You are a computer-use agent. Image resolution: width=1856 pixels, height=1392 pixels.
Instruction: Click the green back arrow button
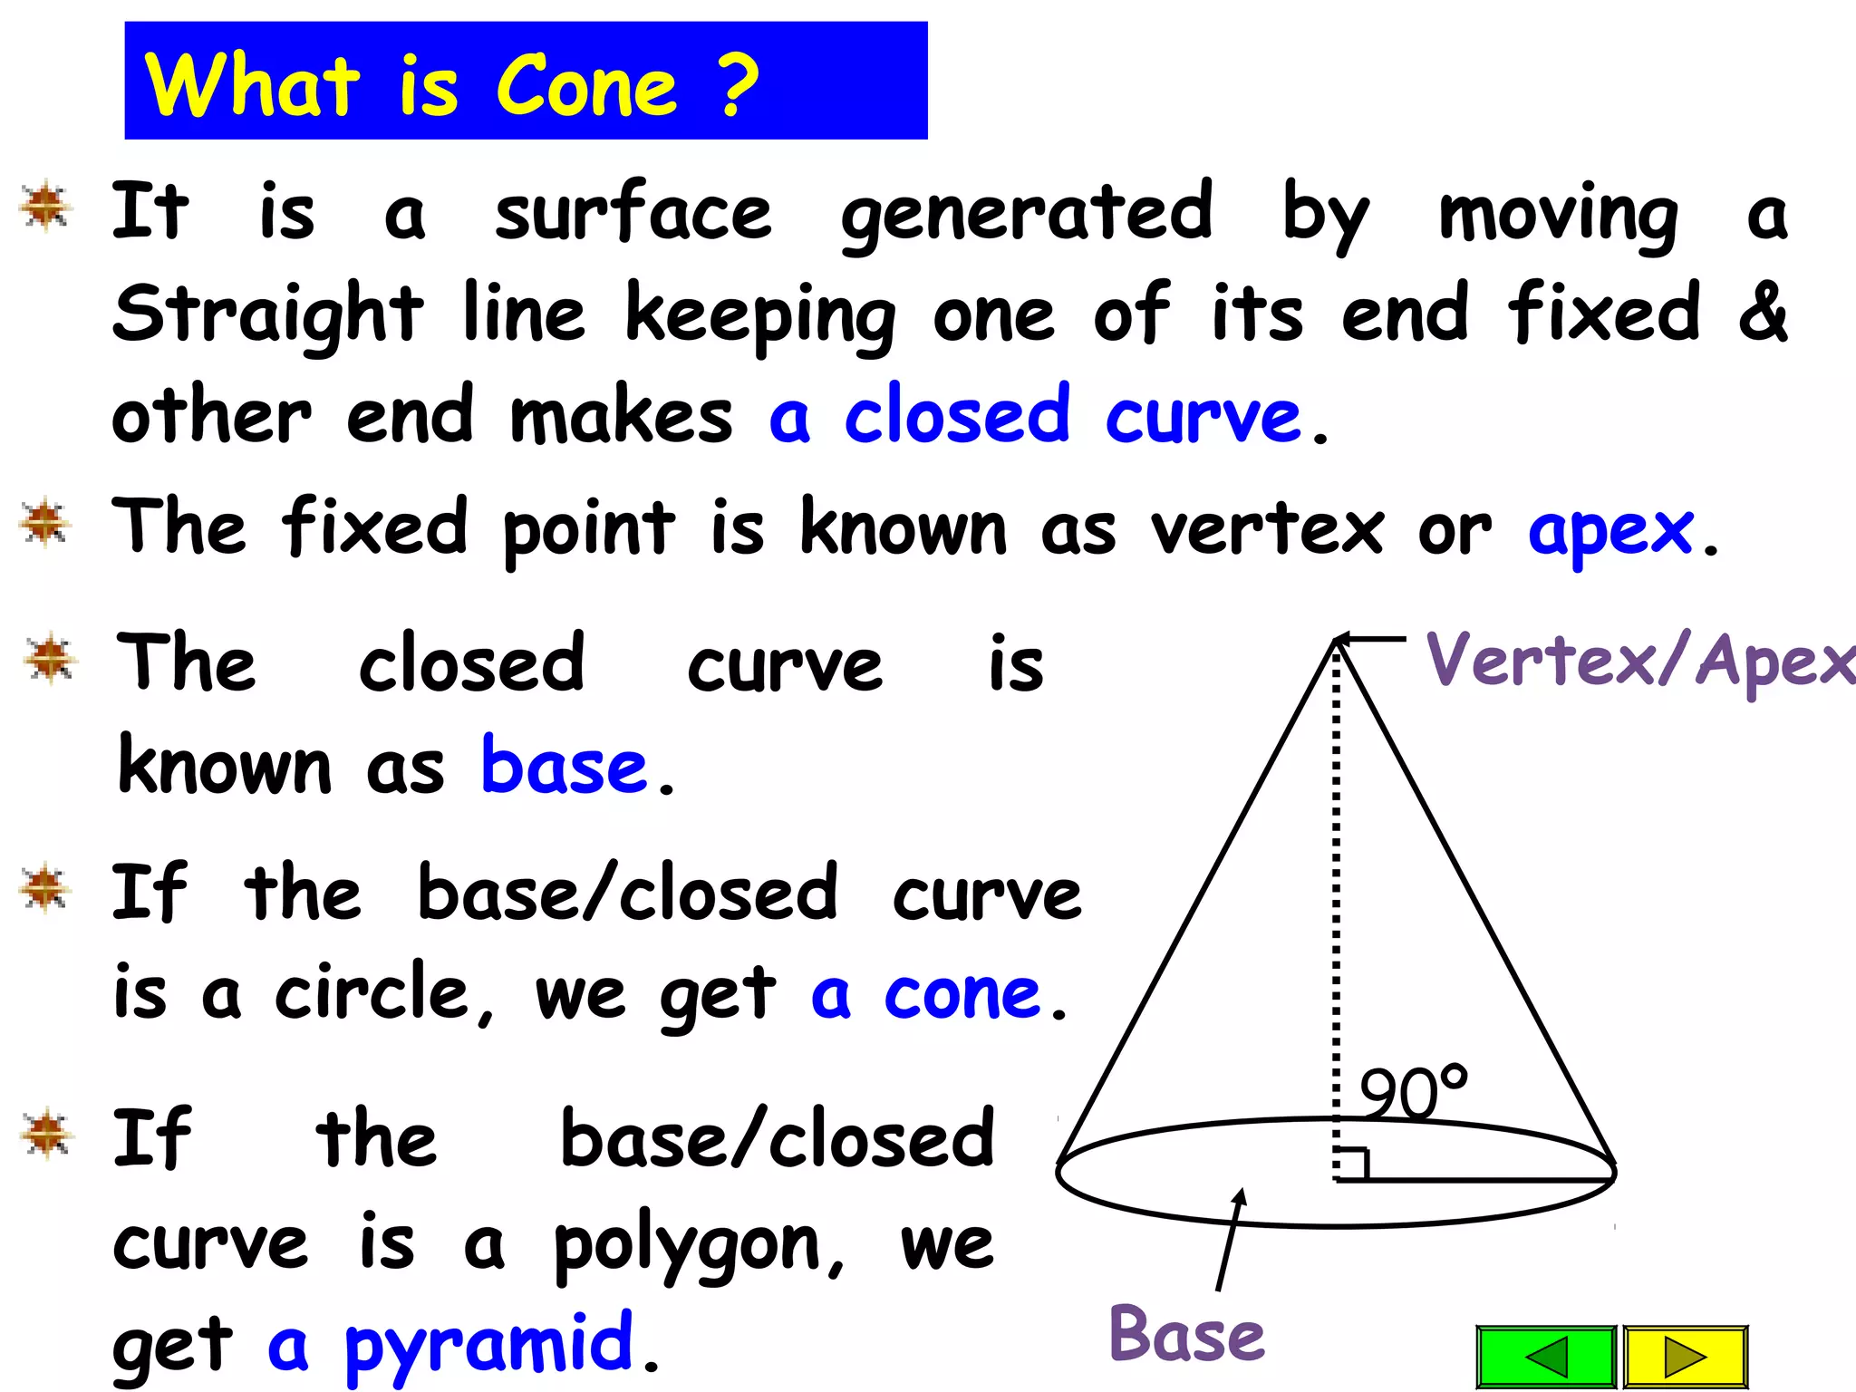pos(1546,1357)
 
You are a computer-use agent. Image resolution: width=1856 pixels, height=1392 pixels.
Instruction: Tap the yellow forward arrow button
pos(1685,1357)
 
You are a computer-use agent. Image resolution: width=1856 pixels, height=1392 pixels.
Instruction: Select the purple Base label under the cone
pos(1186,1334)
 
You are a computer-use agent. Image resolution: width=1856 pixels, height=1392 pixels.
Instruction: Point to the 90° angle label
pos(1413,1092)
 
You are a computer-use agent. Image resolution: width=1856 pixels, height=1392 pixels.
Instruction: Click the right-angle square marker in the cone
pos(1352,1164)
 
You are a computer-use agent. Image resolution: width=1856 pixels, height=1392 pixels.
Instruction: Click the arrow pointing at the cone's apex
pos(1370,639)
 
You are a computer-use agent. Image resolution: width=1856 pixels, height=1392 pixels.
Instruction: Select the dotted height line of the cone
pos(1336,906)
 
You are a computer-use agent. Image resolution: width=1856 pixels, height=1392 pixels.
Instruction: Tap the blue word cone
pos(962,995)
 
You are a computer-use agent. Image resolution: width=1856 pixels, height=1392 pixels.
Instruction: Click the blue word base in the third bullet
pos(564,767)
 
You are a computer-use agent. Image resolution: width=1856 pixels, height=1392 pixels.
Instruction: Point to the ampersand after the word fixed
pos(1763,312)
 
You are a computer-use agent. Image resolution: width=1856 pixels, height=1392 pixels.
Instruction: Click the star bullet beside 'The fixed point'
pos(45,524)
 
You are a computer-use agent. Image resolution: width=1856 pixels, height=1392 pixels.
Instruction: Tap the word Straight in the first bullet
pos(268,314)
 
